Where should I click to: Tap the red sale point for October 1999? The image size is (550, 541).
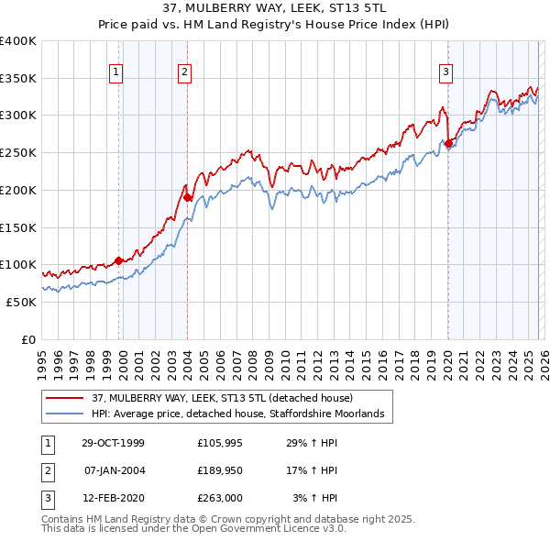(x=119, y=260)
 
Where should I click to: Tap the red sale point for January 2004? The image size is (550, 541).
(x=187, y=197)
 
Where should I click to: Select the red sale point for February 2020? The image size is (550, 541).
(x=448, y=143)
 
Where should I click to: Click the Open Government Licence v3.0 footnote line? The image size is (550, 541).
(x=193, y=529)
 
